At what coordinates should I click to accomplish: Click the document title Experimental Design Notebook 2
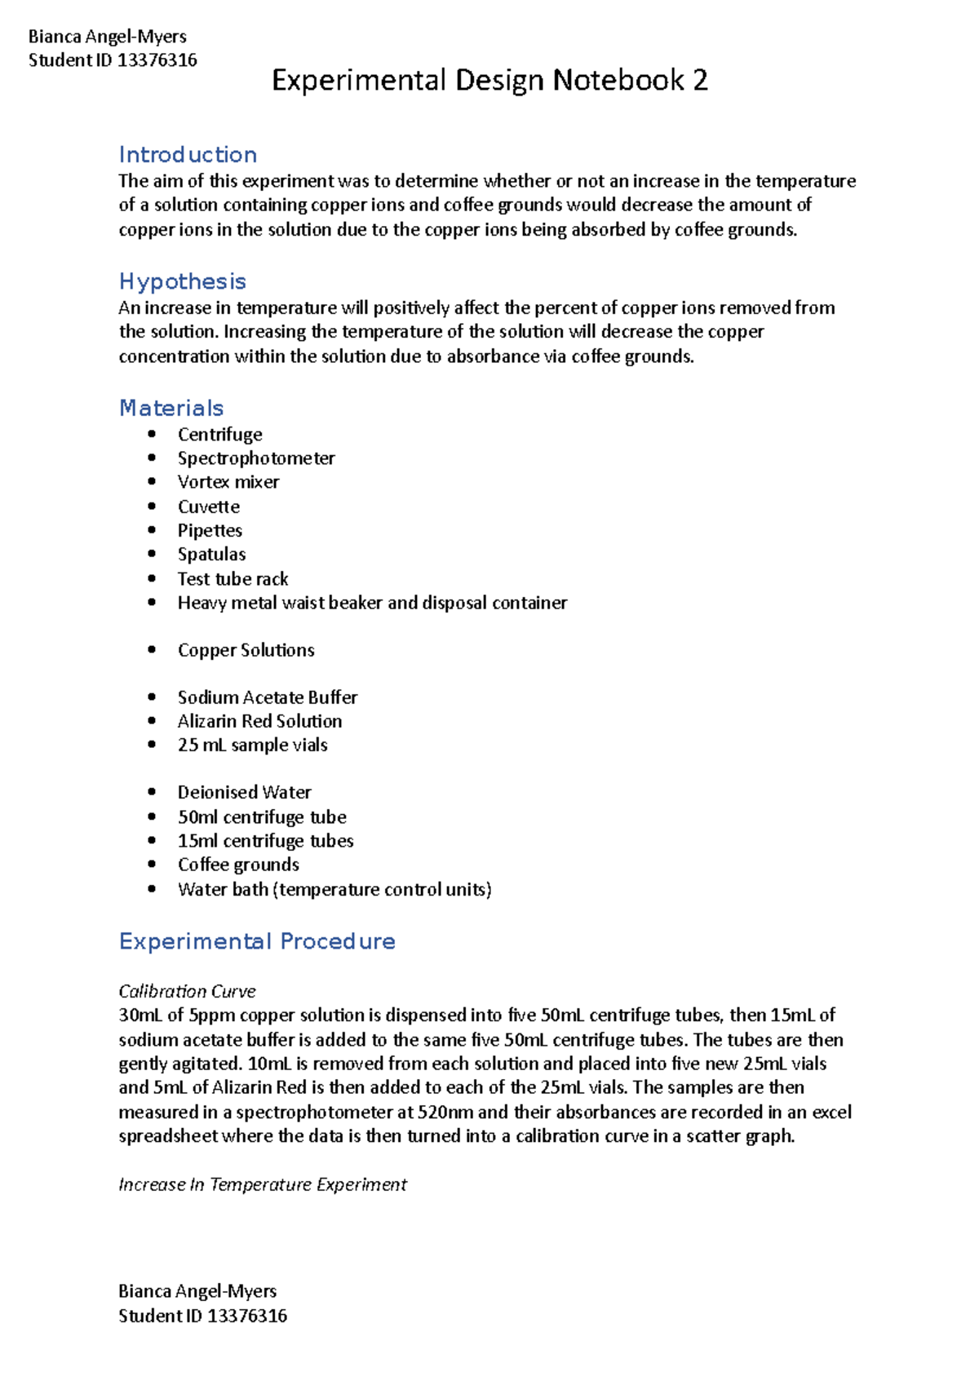(x=489, y=80)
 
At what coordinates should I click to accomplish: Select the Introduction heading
(x=188, y=154)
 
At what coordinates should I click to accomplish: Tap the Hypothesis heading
(x=182, y=281)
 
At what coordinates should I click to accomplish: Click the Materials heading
(x=171, y=408)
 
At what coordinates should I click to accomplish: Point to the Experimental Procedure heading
(x=257, y=941)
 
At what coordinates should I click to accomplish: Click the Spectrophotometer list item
(x=256, y=458)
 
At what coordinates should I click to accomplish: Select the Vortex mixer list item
(x=228, y=482)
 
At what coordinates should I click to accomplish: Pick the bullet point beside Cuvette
(x=152, y=507)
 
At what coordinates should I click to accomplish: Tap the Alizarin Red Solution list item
(x=259, y=721)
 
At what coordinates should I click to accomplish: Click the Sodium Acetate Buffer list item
(x=268, y=697)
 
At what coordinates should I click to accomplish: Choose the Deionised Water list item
(x=244, y=792)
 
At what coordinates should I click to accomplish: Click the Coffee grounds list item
(x=238, y=865)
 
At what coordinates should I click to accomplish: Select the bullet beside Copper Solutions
(x=152, y=650)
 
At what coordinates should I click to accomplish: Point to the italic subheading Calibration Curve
(x=187, y=991)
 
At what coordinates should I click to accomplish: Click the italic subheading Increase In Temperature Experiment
(x=262, y=1184)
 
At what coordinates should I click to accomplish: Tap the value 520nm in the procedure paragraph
(x=445, y=1112)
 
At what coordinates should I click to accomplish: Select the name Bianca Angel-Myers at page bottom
(x=197, y=1291)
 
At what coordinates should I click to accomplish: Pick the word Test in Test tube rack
(x=193, y=579)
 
